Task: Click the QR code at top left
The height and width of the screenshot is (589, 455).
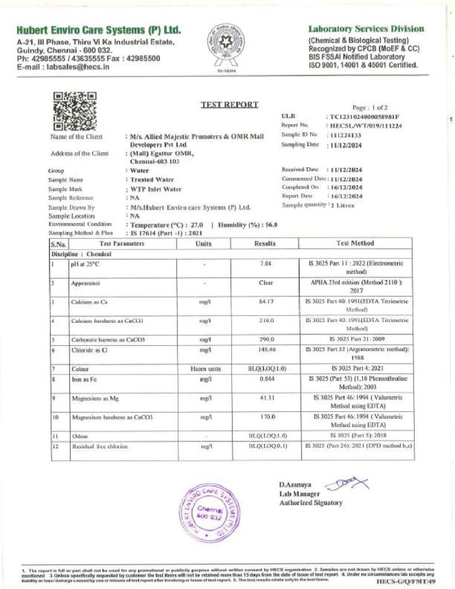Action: coord(75,111)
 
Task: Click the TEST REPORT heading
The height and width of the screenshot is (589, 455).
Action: coord(229,105)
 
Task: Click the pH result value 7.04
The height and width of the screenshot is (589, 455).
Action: coord(265,263)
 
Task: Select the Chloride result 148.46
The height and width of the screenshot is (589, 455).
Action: coord(265,349)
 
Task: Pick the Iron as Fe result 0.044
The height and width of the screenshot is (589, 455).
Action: coord(265,379)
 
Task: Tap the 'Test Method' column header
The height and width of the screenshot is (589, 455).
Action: coord(354,243)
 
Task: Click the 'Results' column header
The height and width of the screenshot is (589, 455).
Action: coord(265,243)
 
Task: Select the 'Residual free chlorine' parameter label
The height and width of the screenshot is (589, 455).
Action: coord(99,446)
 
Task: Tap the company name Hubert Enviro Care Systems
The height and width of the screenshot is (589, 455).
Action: coord(99,30)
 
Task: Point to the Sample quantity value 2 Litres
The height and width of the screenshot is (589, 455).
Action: coord(343,205)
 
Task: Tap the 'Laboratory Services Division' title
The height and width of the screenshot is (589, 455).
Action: coord(366,29)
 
